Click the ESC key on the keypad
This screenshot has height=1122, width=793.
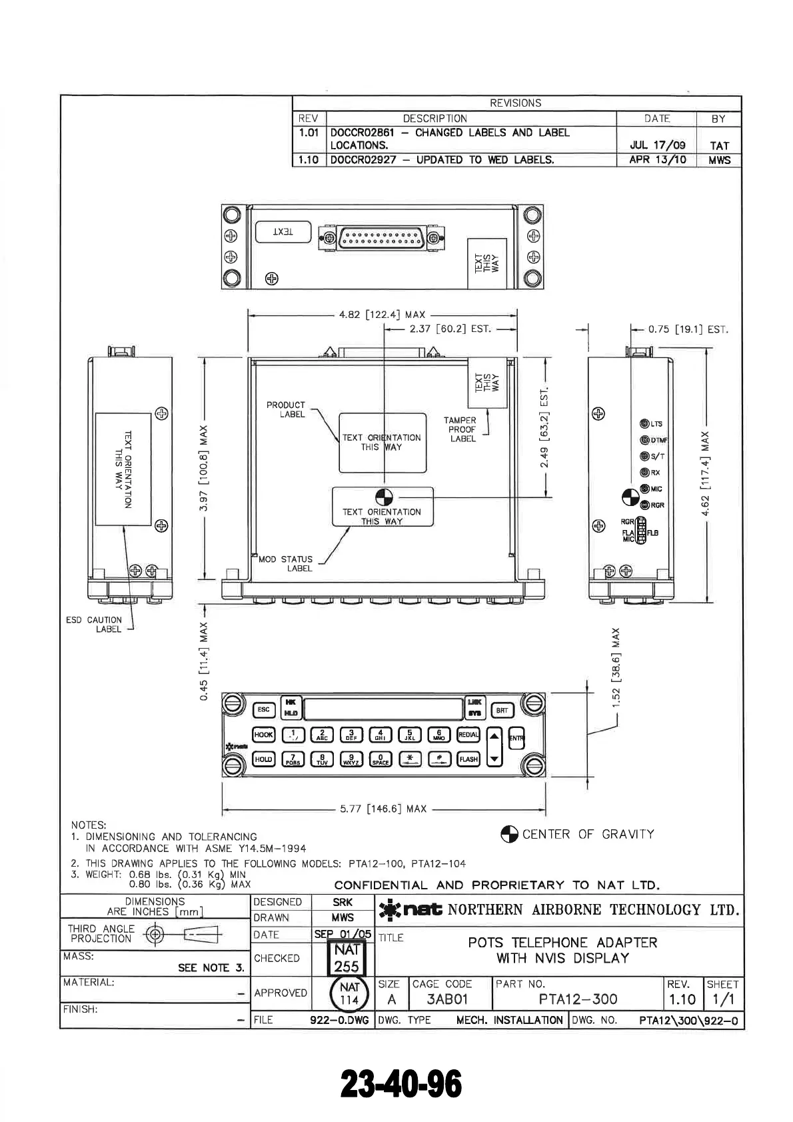click(x=263, y=710)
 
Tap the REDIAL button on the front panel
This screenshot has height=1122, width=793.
click(x=468, y=735)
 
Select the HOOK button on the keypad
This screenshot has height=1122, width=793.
click(x=264, y=735)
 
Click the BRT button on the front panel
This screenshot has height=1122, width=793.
click(x=502, y=710)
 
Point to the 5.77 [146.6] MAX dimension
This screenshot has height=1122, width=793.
click(x=383, y=809)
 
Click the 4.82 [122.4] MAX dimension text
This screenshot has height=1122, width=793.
click(x=382, y=315)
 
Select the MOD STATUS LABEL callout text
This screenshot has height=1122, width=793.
click(x=285, y=564)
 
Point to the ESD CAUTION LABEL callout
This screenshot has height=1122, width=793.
click(x=94, y=625)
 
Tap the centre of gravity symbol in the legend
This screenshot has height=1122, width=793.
click(x=509, y=835)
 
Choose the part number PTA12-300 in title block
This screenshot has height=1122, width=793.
click(x=578, y=999)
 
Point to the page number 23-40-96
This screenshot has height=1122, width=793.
click(x=401, y=1085)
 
